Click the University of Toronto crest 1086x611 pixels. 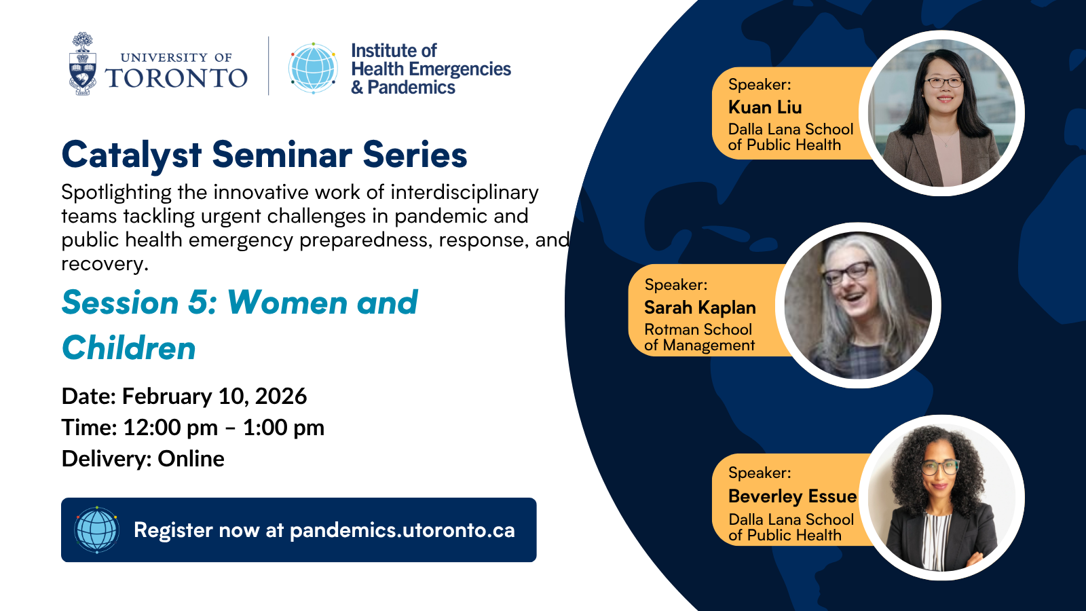click(x=83, y=64)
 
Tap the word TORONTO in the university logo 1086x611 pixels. click(x=176, y=78)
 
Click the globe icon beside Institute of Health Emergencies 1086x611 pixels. click(x=313, y=68)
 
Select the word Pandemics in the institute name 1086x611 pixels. click(x=411, y=88)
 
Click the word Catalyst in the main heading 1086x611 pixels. click(x=132, y=155)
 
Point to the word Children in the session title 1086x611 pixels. click(x=129, y=348)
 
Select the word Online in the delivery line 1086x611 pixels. click(x=191, y=459)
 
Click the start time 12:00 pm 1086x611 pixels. click(x=170, y=428)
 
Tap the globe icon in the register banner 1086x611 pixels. click(x=97, y=530)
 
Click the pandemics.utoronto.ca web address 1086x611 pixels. click(x=402, y=530)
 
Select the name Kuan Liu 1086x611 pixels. click(x=765, y=107)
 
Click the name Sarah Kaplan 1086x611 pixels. click(x=700, y=308)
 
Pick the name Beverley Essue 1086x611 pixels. click(x=792, y=496)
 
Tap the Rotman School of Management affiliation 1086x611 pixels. click(x=699, y=337)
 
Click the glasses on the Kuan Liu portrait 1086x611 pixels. click(x=943, y=83)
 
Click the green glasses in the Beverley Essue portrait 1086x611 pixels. click(x=940, y=467)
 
